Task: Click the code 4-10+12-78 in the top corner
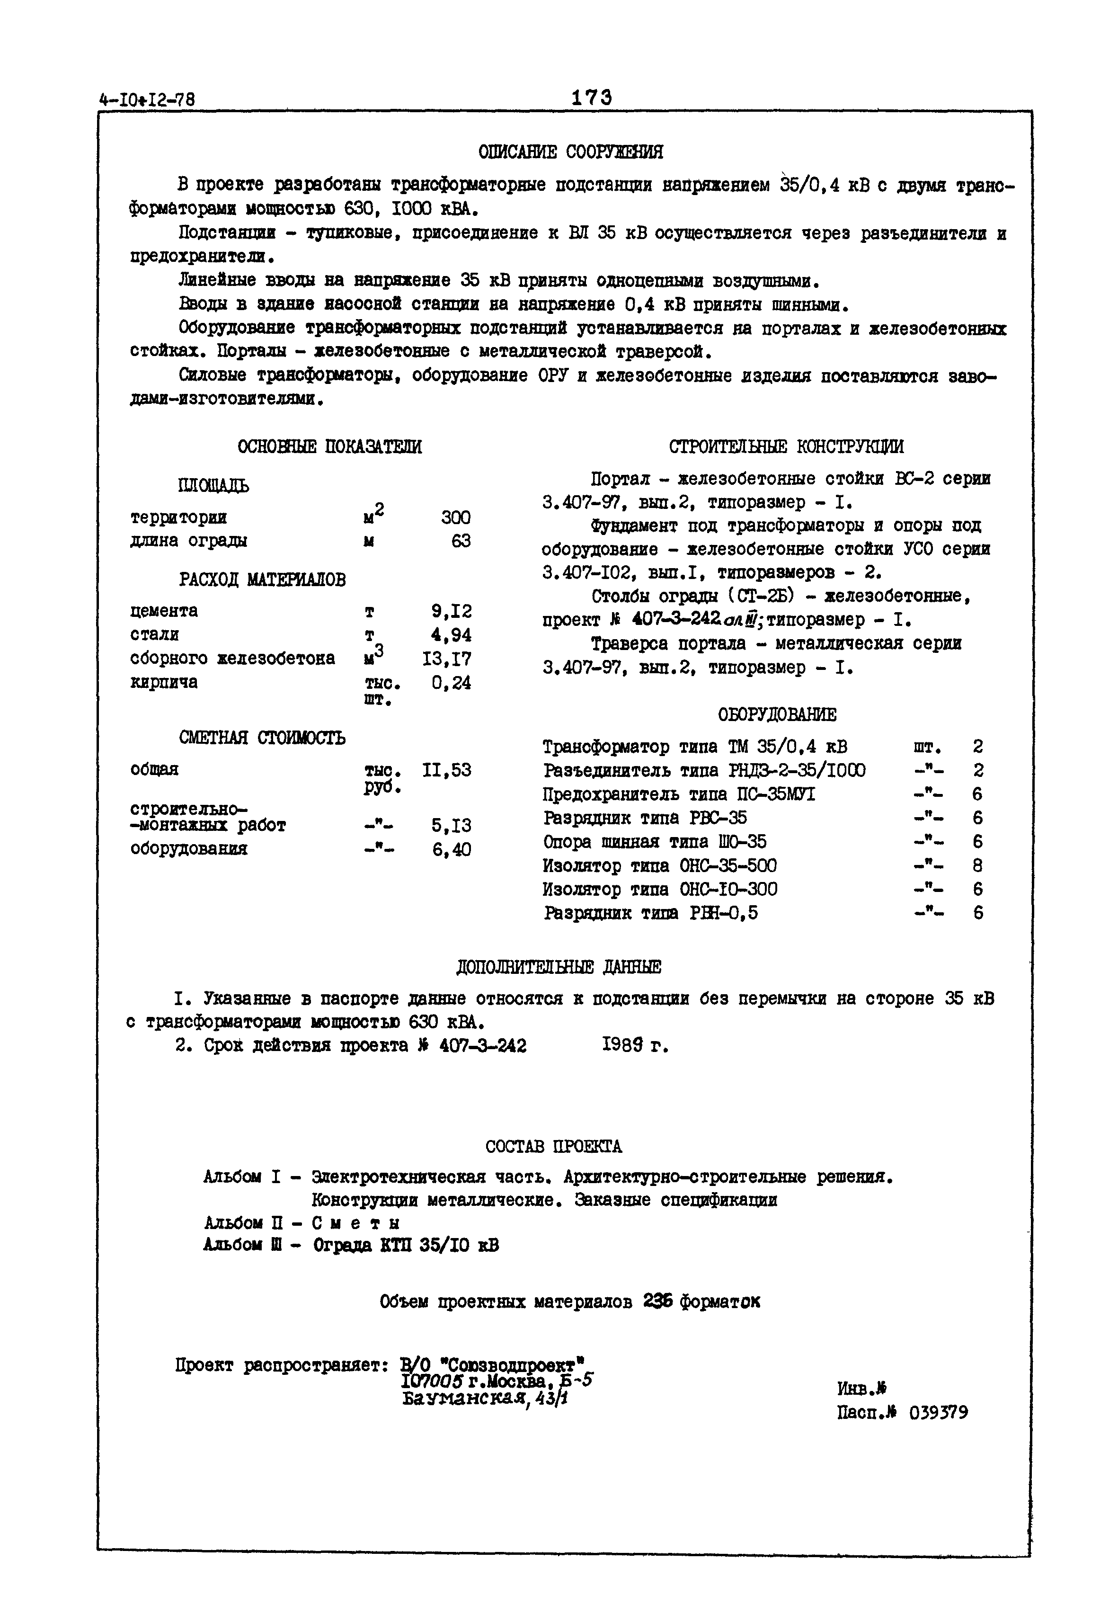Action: tap(147, 100)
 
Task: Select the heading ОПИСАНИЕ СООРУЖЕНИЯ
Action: tap(570, 152)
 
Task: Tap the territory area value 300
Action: tap(455, 518)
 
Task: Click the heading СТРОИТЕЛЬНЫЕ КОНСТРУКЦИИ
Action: tap(786, 447)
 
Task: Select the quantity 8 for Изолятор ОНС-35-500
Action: tap(977, 866)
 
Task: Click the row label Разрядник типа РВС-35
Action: tap(645, 819)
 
